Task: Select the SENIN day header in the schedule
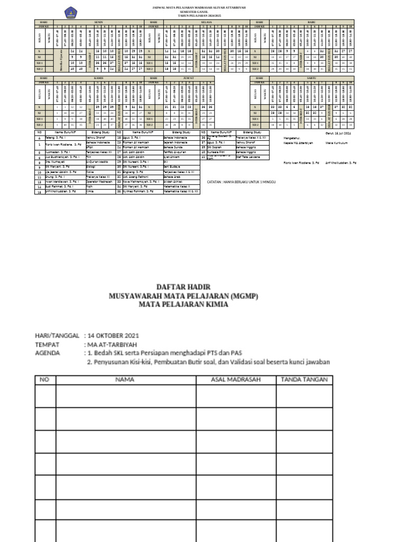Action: pos(98,22)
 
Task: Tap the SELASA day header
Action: pos(206,22)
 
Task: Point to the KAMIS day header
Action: pos(98,77)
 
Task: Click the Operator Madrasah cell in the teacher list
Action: pos(100,182)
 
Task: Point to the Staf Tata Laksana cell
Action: pos(251,157)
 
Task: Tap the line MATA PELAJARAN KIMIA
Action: pos(183,304)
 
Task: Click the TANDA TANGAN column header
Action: pos(304,380)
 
